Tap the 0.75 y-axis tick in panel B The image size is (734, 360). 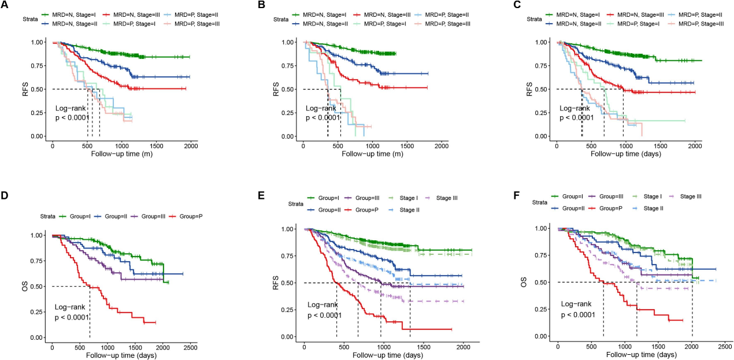[290, 66]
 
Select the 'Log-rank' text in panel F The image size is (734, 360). [577, 303]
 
